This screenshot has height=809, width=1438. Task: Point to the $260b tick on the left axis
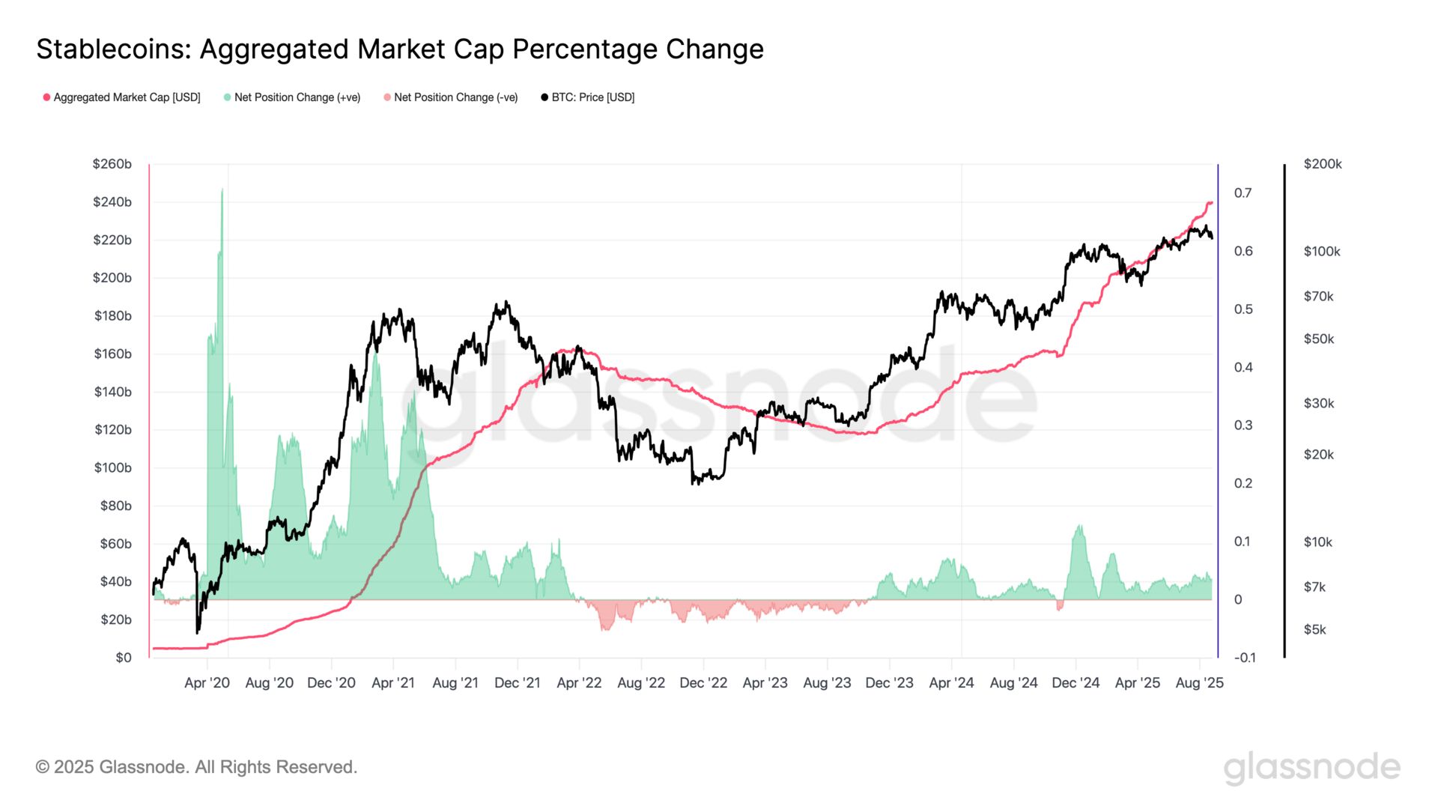(112, 164)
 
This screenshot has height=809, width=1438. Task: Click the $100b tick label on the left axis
(112, 468)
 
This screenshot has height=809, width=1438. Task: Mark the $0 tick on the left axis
(124, 658)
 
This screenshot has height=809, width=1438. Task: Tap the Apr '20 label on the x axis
(207, 683)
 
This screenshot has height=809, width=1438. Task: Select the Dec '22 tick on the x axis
(703, 683)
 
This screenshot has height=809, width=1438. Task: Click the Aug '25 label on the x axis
(1199, 683)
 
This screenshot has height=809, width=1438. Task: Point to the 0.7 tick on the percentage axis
(1243, 193)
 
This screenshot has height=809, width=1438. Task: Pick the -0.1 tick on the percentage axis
(1245, 658)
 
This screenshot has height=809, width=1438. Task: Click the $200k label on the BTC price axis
(1323, 164)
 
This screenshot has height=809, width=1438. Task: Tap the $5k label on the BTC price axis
(1314, 630)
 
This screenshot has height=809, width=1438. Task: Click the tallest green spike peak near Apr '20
(222, 190)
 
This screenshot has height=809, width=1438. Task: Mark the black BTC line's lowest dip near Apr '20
(198, 632)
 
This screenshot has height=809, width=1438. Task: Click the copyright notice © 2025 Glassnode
(196, 767)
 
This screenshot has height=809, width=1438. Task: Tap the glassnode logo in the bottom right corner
(1311, 768)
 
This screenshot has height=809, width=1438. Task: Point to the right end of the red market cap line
(1211, 203)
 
